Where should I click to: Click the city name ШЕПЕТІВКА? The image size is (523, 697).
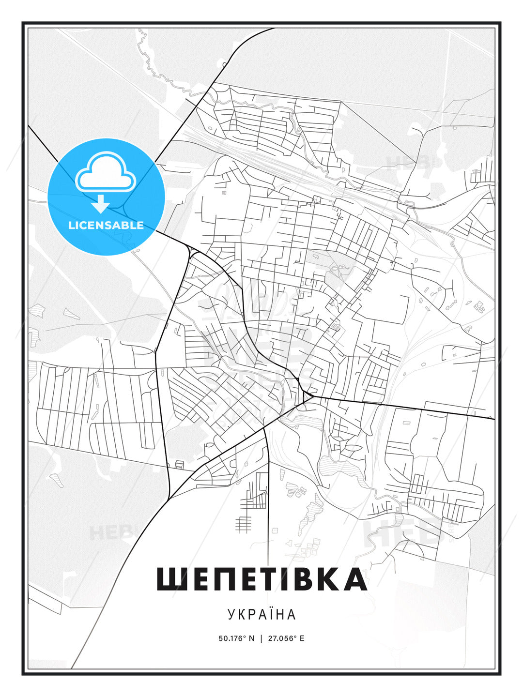[261, 579]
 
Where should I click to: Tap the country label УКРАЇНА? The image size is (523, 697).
[261, 614]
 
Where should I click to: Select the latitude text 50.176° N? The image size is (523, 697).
[236, 638]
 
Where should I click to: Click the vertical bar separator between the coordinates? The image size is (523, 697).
[261, 638]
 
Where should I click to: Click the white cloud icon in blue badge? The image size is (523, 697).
[106, 172]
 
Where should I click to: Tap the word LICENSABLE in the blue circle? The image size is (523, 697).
[106, 225]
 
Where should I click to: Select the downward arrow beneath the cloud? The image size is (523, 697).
[100, 204]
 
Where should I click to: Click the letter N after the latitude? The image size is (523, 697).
[251, 638]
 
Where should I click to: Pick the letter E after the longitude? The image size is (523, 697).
[302, 638]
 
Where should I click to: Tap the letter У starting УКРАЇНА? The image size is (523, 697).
[231, 614]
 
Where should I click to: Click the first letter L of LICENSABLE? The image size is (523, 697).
[71, 225]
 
